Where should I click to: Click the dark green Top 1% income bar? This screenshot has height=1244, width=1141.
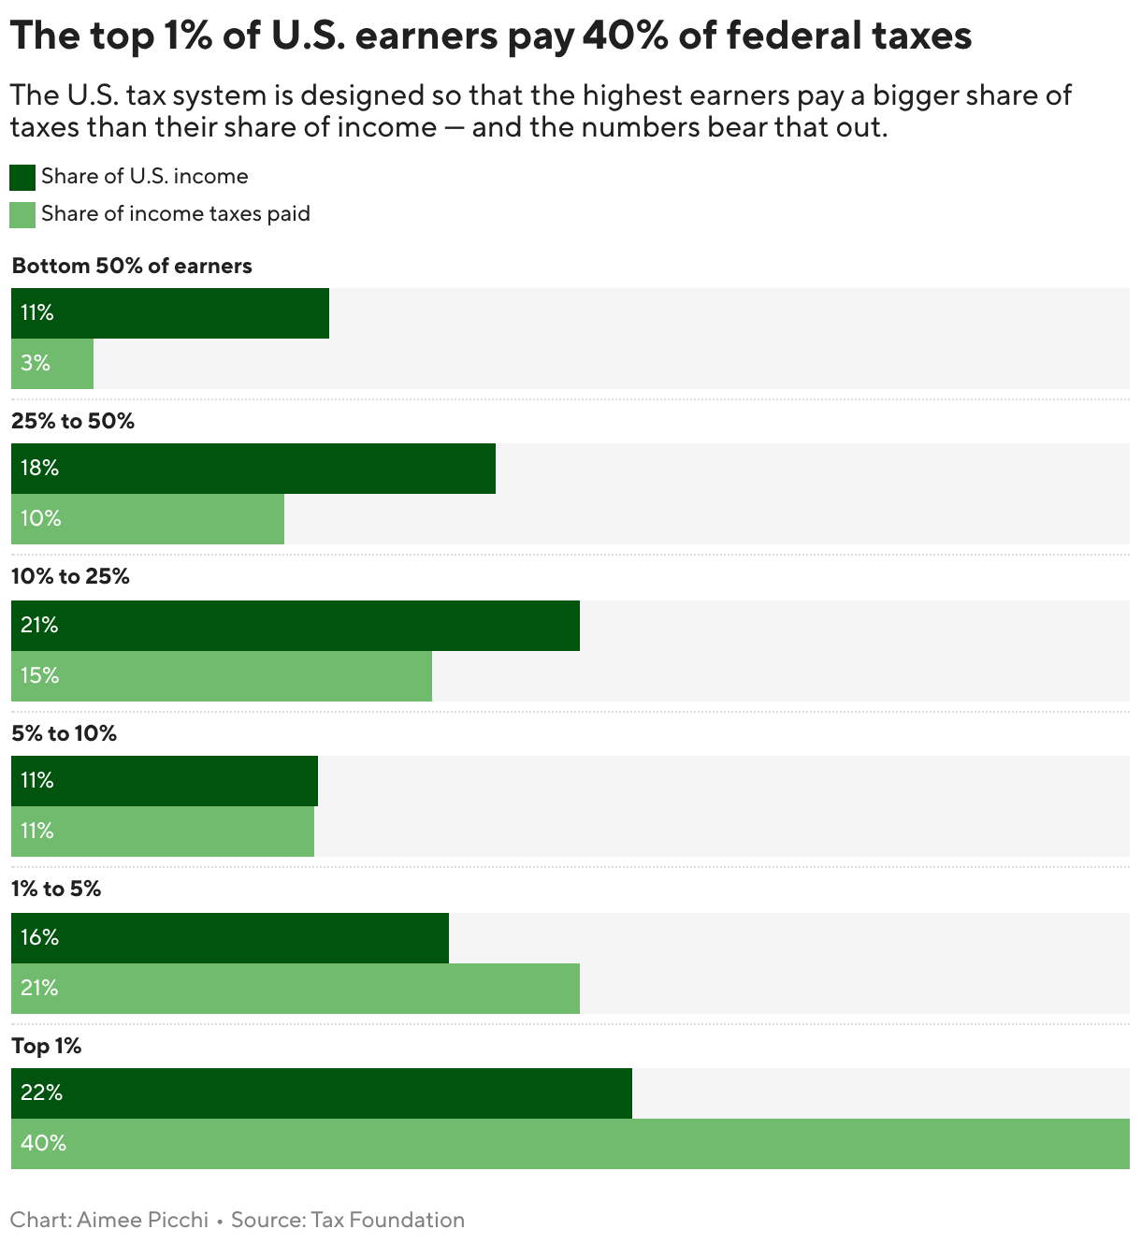[321, 1093]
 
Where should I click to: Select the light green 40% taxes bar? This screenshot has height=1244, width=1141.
[570, 1144]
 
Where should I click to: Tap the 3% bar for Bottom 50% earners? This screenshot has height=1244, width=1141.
[52, 364]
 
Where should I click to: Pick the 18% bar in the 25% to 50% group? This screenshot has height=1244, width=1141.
[253, 469]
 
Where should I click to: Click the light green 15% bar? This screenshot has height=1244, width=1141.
[221, 676]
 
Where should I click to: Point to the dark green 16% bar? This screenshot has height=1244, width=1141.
[229, 938]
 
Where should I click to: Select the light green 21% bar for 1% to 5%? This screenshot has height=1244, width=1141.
[295, 989]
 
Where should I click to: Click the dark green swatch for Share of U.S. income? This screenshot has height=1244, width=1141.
[22, 177]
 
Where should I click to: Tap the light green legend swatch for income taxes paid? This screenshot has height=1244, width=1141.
[22, 214]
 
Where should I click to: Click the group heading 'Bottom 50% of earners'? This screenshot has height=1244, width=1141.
[132, 266]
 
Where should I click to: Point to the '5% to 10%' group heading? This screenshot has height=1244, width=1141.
[64, 733]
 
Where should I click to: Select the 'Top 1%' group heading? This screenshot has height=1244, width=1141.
[47, 1046]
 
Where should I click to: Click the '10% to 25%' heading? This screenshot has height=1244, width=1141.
[70, 576]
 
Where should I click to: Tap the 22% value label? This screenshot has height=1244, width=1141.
[41, 1092]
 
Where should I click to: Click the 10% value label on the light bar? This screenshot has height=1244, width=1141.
[40, 518]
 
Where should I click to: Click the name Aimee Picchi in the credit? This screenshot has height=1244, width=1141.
[142, 1220]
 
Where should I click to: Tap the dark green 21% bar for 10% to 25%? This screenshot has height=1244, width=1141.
[295, 626]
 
